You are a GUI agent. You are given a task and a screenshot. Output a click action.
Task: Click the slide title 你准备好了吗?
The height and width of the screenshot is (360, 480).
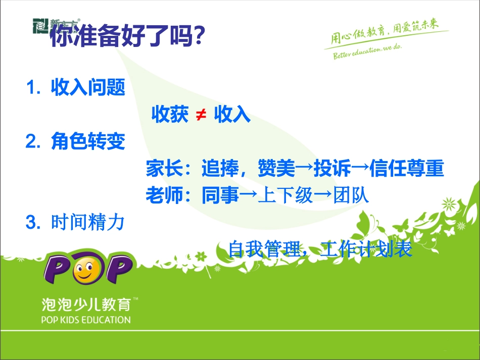127,36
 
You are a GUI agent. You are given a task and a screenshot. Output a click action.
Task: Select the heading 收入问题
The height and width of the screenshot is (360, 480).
88,89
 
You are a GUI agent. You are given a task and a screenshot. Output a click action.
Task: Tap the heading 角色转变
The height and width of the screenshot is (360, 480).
88,142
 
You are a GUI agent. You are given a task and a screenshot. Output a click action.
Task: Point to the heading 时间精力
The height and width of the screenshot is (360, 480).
88,222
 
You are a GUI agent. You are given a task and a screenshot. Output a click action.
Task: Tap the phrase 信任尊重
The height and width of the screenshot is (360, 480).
406,169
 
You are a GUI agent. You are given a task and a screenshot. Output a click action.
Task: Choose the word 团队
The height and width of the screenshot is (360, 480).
351,195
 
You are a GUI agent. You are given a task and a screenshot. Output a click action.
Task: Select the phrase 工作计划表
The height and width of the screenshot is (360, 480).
367,249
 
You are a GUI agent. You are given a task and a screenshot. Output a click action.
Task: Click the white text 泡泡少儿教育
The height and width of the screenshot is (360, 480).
86,304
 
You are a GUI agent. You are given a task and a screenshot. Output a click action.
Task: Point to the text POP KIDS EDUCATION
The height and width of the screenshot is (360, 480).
86,320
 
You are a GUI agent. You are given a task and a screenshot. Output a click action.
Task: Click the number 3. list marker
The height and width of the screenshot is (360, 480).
33,222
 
